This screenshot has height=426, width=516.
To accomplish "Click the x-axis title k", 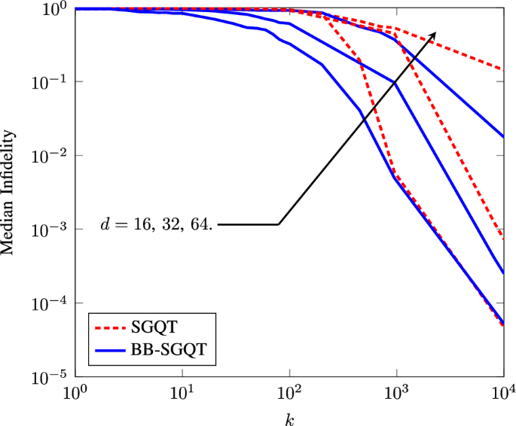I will [x=289, y=416].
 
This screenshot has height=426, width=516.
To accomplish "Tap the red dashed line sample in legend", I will [x=110, y=328].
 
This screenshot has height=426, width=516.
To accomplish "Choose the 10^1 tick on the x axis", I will [x=182, y=392].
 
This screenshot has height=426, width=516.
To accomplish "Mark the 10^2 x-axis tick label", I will [x=289, y=392].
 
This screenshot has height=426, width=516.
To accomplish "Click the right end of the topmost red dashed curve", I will [x=502, y=69].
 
